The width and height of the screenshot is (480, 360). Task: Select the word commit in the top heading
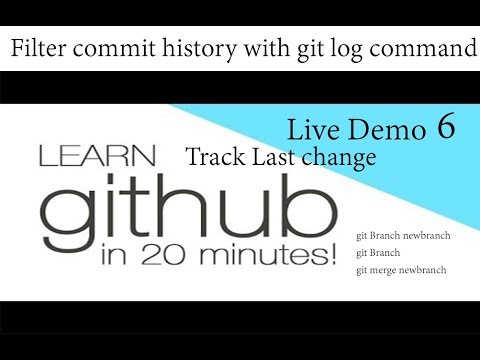(x=112, y=47)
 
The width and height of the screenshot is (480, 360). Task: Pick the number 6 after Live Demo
(x=446, y=126)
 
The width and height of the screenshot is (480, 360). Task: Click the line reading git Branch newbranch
(x=403, y=236)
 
